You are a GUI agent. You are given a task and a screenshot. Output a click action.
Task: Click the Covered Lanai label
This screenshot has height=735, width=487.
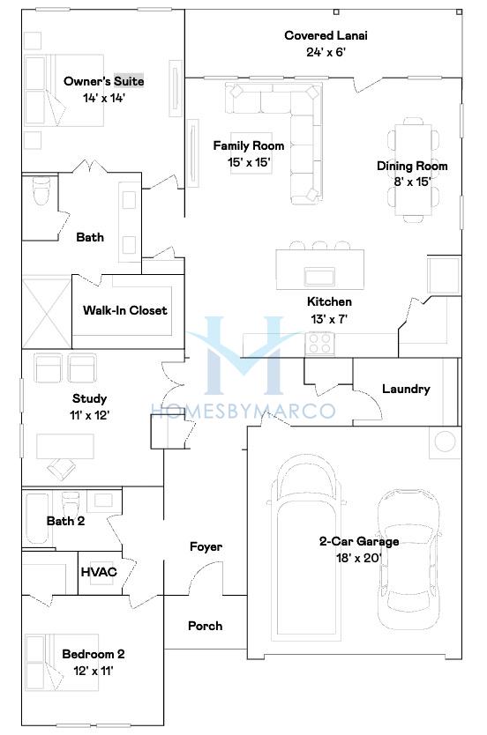[326, 35]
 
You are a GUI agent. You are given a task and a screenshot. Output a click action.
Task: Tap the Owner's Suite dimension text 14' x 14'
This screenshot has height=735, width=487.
[104, 98]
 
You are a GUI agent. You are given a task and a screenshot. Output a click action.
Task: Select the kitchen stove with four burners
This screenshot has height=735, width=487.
[320, 343]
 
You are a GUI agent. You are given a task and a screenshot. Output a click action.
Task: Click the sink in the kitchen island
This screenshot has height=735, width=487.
[319, 276]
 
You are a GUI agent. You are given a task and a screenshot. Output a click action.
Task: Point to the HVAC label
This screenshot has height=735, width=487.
[99, 572]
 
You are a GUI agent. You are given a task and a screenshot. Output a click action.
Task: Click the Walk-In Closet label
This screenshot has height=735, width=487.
[124, 310]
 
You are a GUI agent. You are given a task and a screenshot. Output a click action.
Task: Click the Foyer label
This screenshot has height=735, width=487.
[206, 546]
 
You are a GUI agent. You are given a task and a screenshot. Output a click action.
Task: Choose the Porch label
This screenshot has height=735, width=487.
[205, 626]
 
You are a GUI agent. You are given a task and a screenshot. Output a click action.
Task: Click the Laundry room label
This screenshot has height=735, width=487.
[406, 389]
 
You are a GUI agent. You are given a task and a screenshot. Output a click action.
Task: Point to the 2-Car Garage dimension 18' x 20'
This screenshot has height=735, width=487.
[358, 558]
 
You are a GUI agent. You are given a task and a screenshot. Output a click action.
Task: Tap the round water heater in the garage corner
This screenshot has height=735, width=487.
[445, 442]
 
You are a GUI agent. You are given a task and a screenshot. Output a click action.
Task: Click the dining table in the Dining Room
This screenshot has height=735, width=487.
[413, 169]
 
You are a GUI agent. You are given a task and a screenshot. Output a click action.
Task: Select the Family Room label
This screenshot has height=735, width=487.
[249, 145]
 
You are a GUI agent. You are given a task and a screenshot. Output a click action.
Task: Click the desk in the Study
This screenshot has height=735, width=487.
[64, 446]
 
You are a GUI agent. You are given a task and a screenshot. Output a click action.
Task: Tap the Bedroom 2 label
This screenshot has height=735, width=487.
[94, 654]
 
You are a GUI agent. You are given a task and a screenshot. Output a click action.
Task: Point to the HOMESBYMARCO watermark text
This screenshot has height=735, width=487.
[243, 411]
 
